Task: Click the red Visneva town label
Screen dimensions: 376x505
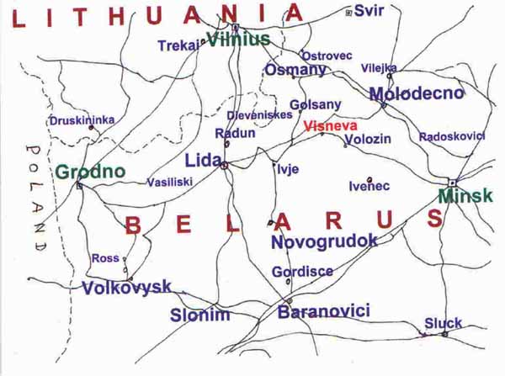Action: tap(326, 128)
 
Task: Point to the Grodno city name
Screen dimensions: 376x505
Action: tap(90, 172)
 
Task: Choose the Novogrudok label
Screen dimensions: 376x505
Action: tap(324, 241)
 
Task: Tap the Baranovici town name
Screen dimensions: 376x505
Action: tap(324, 311)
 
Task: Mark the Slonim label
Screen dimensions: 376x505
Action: tap(199, 315)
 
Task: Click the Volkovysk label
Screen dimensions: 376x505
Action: tap(126, 288)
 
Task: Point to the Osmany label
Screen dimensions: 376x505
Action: tap(295, 71)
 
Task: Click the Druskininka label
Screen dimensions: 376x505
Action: tap(82, 121)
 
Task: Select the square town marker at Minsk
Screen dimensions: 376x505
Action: tap(452, 183)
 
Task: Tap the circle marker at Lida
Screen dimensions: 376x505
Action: tap(224, 167)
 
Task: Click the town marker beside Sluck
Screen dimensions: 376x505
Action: tap(445, 334)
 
